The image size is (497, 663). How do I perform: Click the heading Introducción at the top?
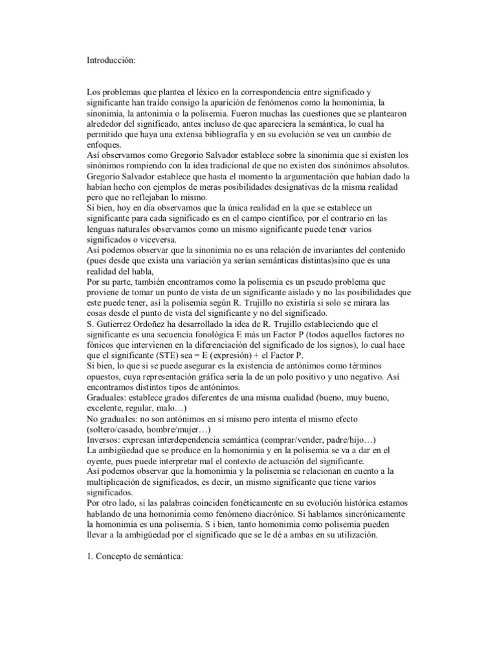click(112, 60)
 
